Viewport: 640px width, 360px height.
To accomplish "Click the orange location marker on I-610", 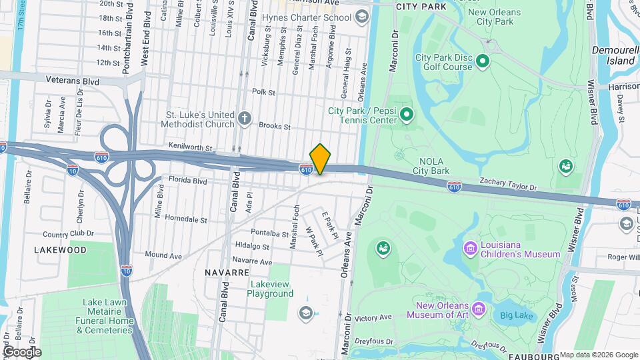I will pyautogui.click(x=320, y=159).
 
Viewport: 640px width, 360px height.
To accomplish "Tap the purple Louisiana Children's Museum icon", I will pyautogui.click(x=471, y=249).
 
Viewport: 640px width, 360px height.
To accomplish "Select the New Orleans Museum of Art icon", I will pyautogui.click(x=479, y=308).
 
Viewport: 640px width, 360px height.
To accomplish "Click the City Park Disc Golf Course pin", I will pyautogui.click(x=483, y=62).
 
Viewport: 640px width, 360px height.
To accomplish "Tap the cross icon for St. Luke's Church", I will pyautogui.click(x=245, y=119).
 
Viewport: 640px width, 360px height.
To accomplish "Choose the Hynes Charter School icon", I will pyautogui.click(x=361, y=16).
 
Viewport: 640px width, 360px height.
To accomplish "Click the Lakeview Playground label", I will pyautogui.click(x=270, y=289).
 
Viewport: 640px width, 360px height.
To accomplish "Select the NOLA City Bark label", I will pyautogui.click(x=431, y=166).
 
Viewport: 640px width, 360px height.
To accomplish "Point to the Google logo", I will pyautogui.click(x=22, y=351).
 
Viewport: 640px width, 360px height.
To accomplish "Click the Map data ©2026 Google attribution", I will pyautogui.click(x=598, y=355).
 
